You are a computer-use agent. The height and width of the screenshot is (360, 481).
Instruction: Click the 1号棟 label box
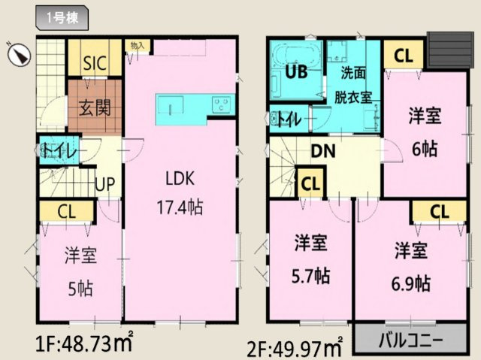tap(63, 16)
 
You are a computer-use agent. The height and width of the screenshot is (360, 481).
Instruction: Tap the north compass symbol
tap(19, 53)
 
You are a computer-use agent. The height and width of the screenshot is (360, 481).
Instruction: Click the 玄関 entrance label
tap(95, 107)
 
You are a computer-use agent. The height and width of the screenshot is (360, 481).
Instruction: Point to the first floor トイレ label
tap(57, 150)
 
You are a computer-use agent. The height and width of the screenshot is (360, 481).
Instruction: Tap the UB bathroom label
tap(295, 74)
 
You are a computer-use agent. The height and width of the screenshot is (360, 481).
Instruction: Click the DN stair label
tap(324, 151)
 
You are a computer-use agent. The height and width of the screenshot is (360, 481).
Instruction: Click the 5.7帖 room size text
tap(310, 275)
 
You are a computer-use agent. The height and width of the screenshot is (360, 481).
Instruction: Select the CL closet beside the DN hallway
tap(310, 183)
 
